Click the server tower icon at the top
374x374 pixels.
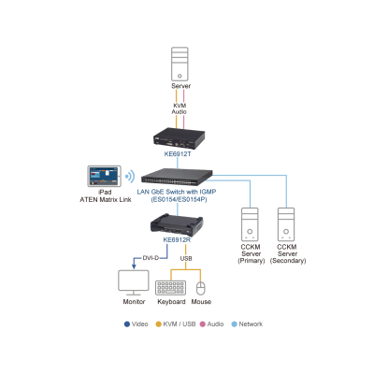[x=180, y=65]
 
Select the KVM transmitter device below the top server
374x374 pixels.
[x=180, y=137]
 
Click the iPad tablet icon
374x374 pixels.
[x=103, y=177]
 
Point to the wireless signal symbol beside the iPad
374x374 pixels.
[x=130, y=176]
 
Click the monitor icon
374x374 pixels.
[x=134, y=282]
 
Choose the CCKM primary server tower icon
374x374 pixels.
[x=250, y=224]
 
